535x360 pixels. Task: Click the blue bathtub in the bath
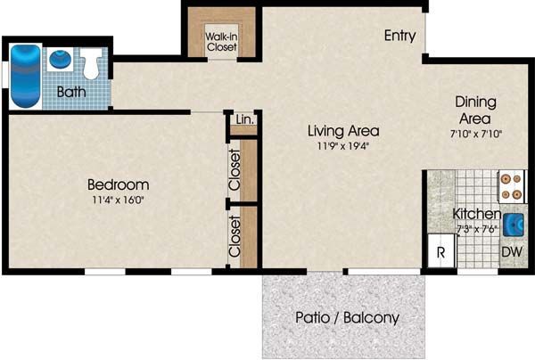[x=26, y=77]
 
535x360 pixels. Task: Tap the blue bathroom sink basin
[x=61, y=59]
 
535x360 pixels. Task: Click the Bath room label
[x=71, y=92]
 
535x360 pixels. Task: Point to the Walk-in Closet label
[x=221, y=42]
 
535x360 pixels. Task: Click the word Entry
[x=399, y=36]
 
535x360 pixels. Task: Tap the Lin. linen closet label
[x=245, y=119]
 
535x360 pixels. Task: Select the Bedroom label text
[x=118, y=184]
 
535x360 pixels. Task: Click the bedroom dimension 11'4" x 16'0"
[x=118, y=200]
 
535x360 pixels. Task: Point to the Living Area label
[x=343, y=131]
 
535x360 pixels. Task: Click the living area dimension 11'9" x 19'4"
[x=343, y=146]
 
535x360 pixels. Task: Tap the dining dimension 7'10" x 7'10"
[x=476, y=134]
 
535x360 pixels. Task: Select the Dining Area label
[x=475, y=110]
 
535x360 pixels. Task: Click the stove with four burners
[x=511, y=187]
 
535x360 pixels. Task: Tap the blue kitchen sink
[x=514, y=225]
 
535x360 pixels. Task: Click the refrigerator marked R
[x=441, y=251]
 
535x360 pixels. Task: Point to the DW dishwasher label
[x=512, y=252]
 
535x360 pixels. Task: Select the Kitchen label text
[x=476, y=214]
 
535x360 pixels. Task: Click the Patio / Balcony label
[x=347, y=318]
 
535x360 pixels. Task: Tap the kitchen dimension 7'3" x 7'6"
[x=477, y=229]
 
